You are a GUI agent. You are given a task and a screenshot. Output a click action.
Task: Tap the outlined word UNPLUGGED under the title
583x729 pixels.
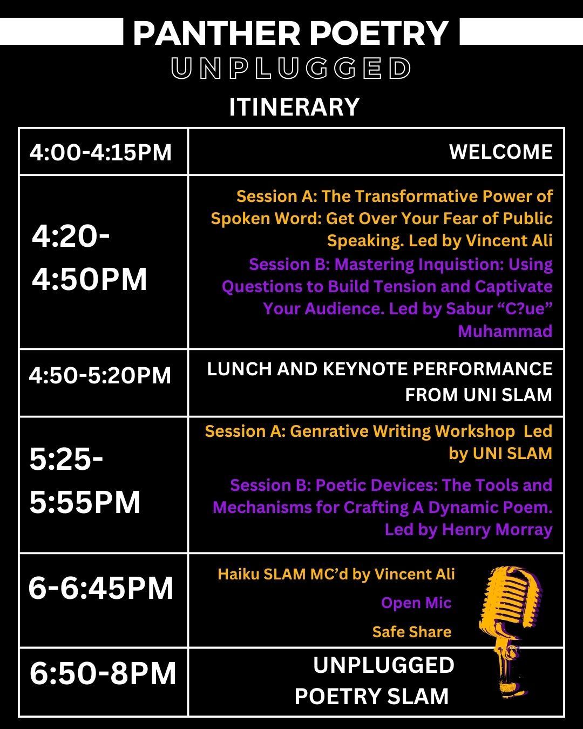[291, 68]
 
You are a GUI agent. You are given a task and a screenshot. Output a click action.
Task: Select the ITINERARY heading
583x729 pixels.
[294, 107]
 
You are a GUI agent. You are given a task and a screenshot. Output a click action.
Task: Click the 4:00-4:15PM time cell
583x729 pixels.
[100, 152]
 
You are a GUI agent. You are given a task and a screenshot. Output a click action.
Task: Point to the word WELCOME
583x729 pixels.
[501, 152]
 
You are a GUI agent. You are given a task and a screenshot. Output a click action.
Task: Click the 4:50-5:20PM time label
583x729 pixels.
[100, 376]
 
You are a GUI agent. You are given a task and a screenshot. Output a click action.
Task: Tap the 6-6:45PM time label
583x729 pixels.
[101, 589]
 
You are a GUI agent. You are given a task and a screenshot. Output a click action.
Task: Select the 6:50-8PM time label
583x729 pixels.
[103, 673]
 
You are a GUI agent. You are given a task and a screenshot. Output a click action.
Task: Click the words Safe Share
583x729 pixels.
[412, 632]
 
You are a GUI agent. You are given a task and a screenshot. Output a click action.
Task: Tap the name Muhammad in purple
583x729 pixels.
[505, 331]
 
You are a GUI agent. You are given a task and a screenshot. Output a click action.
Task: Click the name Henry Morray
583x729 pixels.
[497, 530]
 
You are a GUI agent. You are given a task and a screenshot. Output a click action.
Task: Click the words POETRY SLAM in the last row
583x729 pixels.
[371, 697]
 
